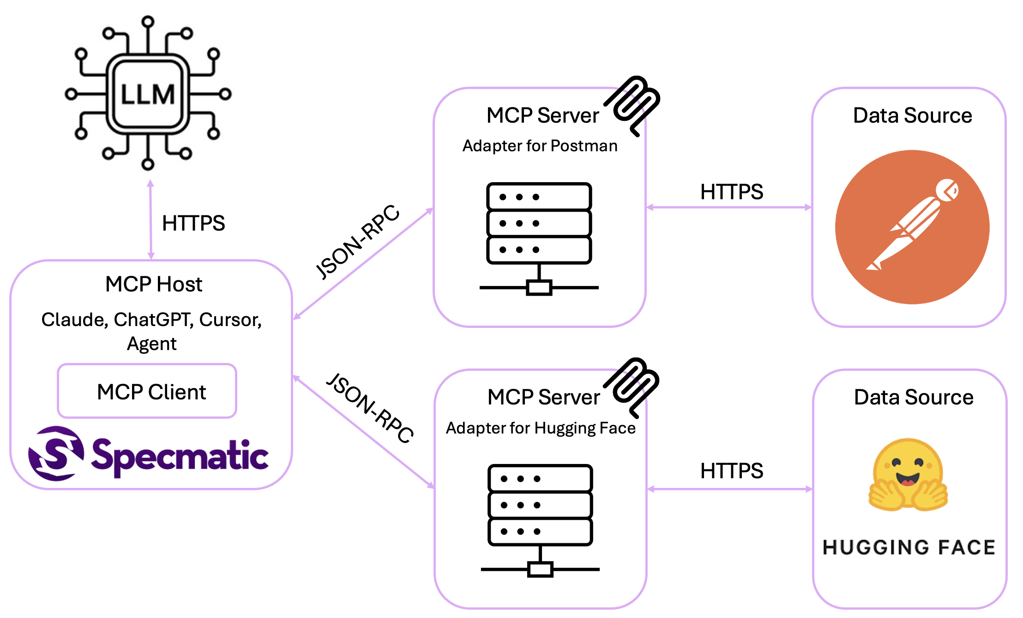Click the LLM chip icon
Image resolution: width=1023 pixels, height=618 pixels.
click(x=148, y=94)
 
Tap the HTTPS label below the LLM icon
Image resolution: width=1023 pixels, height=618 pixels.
click(x=193, y=223)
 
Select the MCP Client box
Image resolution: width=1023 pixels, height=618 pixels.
click(x=147, y=391)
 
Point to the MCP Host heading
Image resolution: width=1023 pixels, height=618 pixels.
click(x=154, y=284)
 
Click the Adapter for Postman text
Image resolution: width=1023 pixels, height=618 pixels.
click(x=540, y=146)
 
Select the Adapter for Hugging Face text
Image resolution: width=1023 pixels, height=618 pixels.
click(x=541, y=428)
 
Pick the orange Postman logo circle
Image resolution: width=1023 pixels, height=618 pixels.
click(x=912, y=227)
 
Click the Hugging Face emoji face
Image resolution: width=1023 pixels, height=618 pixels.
click(x=908, y=475)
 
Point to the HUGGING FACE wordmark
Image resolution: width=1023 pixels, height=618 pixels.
click(x=909, y=547)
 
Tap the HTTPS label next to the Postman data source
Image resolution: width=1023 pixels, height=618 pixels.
click(x=731, y=192)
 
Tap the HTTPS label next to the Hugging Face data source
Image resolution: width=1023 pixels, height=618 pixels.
click(x=731, y=471)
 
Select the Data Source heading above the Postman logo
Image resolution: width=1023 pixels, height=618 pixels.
click(x=912, y=115)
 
